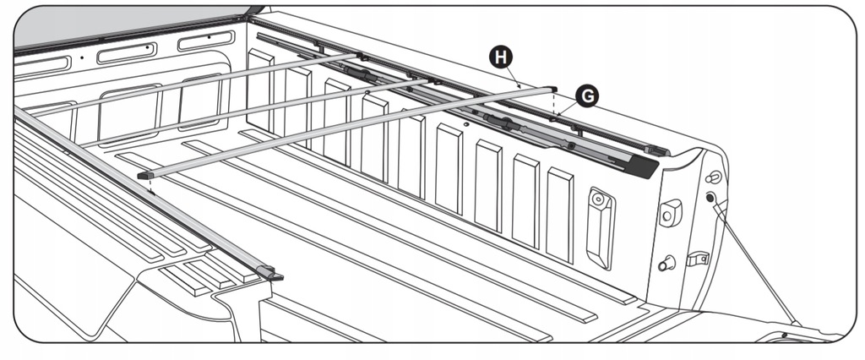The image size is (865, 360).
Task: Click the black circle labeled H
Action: tap(502, 57)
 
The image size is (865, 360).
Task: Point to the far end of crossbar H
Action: tap(549, 87)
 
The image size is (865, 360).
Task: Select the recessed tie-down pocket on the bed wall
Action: tap(601, 226)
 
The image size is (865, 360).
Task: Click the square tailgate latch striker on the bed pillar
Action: tap(671, 212)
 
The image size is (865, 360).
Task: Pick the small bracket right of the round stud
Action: tap(697, 259)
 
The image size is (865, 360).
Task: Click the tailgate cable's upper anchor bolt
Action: tap(710, 199)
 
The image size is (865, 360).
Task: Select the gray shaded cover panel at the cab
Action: tap(127, 25)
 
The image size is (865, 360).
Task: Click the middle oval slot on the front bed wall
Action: tap(127, 55)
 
